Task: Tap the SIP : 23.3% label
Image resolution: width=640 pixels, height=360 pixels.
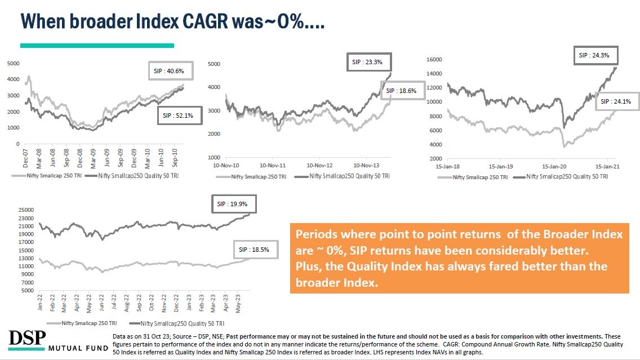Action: tap(367, 62)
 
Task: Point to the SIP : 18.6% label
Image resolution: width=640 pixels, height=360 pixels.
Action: tap(402, 91)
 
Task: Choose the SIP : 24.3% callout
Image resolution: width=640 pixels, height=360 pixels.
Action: tap(597, 55)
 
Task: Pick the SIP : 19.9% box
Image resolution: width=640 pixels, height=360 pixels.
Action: tap(230, 204)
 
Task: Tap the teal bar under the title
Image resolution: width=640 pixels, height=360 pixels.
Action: tap(97, 46)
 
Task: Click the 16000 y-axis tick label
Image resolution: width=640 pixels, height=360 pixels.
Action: tap(433, 60)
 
